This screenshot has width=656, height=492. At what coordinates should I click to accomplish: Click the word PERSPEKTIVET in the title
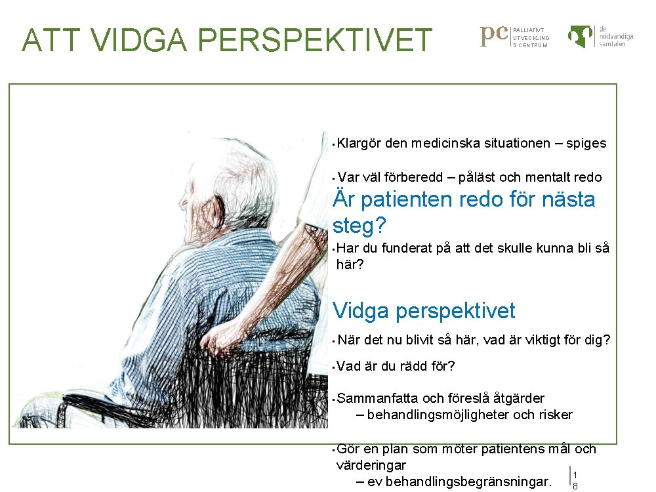(x=314, y=39)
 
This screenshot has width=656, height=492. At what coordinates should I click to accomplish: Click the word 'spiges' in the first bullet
(x=586, y=143)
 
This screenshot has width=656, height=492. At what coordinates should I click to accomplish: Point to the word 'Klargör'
(x=359, y=143)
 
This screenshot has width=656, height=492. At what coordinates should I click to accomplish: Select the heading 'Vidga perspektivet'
(x=424, y=310)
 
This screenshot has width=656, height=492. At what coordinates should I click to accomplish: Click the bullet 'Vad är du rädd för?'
(x=396, y=366)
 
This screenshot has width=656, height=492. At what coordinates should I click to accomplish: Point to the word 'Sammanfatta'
(x=377, y=398)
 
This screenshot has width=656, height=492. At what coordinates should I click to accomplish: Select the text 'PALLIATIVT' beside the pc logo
(x=529, y=30)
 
